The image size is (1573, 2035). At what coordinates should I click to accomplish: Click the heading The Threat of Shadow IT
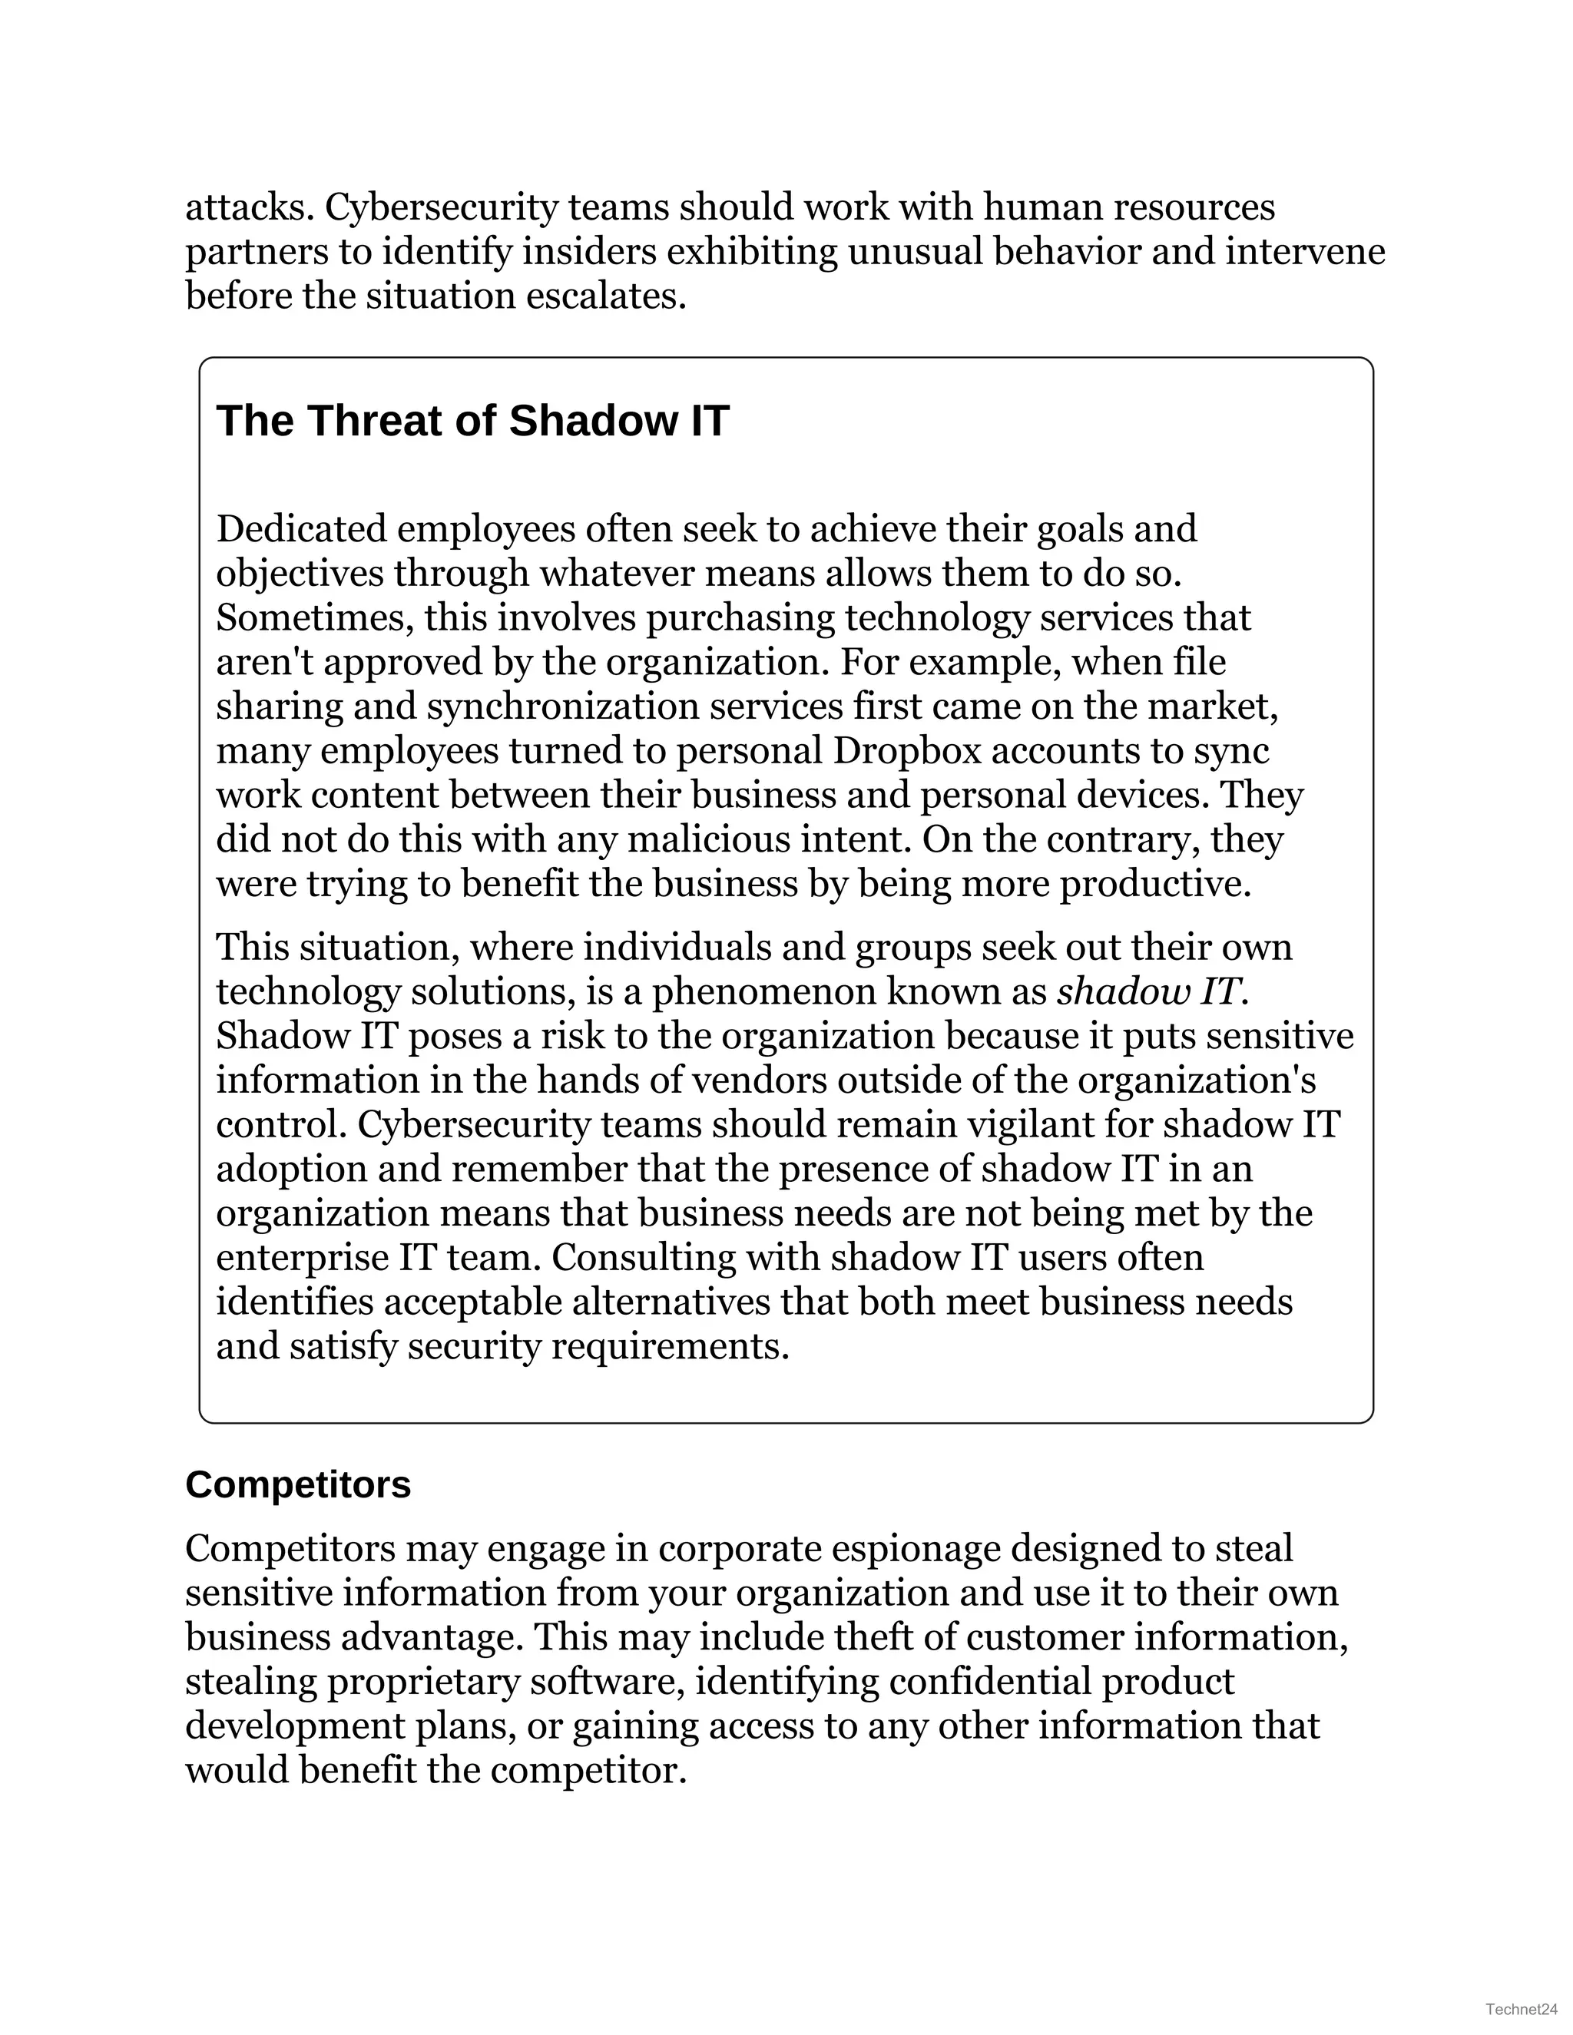(x=472, y=421)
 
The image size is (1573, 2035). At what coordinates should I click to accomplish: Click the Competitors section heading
(x=297, y=1484)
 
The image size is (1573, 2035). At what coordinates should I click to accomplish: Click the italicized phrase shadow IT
(x=1149, y=992)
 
